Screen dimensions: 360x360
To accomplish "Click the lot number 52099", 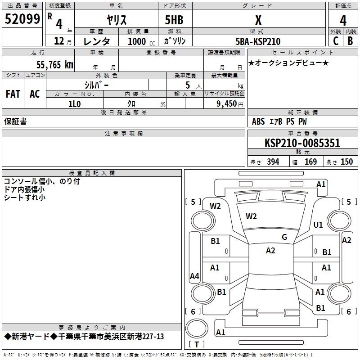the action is (22, 19).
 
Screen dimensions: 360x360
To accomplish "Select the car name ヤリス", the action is (117, 20).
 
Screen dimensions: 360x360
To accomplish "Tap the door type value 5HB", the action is (174, 20).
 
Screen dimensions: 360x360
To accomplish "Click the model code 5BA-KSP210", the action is (258, 41).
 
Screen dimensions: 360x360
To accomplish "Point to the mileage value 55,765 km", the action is (55, 64).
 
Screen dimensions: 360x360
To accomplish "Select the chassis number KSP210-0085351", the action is (302, 143).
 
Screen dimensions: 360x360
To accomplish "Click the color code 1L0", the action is (74, 104).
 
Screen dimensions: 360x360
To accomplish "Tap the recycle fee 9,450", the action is (226, 103).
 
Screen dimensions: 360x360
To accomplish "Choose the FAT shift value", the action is (13, 94).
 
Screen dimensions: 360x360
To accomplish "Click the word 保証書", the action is (15, 121).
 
